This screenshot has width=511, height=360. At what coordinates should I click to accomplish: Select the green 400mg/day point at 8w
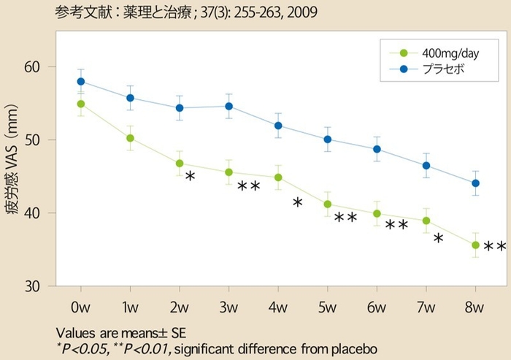tap(475, 245)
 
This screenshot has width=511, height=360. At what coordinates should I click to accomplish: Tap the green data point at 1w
tap(130, 138)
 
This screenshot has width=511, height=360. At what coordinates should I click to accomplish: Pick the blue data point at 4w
tap(278, 126)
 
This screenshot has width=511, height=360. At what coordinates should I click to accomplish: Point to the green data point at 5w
tap(327, 204)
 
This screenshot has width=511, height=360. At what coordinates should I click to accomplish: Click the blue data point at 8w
tap(475, 183)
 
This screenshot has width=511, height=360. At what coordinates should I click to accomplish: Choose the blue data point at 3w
tap(228, 106)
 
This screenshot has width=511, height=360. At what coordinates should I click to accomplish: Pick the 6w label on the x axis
tap(377, 304)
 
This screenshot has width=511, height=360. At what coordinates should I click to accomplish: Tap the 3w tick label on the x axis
tap(228, 304)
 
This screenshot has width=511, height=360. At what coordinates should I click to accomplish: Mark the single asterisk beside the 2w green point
tap(190, 177)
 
